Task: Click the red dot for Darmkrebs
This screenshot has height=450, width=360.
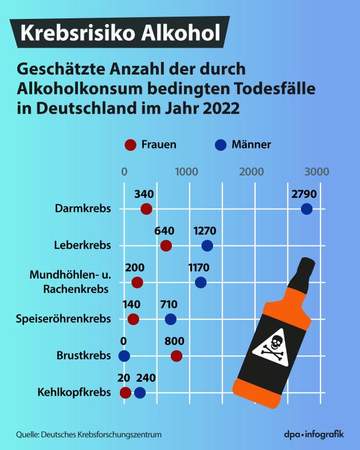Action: pos(146,209)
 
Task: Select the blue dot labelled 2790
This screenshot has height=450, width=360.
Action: pos(307,209)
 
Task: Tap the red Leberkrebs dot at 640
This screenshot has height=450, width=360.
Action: pos(166,246)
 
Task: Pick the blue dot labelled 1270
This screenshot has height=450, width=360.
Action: pos(207,246)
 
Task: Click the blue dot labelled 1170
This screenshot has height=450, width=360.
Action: pos(201,282)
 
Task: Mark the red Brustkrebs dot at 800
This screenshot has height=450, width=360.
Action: pos(176,355)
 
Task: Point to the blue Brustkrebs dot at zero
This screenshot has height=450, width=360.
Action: pos(124,355)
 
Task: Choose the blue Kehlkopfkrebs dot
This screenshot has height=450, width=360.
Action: pos(140,392)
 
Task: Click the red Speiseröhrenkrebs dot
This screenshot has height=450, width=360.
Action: pos(133,319)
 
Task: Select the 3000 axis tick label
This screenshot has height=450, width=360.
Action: pos(316,171)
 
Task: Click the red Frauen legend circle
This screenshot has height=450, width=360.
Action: pos(130,144)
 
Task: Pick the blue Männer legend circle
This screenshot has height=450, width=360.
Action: pos(220,144)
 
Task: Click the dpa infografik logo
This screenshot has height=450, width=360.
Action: pos(314,434)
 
